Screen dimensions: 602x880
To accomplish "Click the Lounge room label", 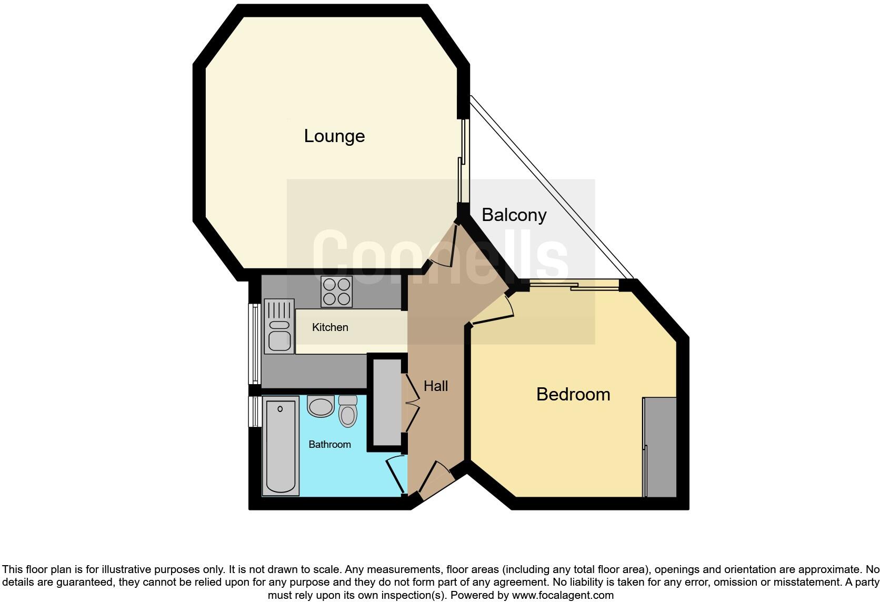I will [334, 136].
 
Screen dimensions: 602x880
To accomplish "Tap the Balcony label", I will [514, 215].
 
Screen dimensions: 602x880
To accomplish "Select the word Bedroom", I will [573, 394].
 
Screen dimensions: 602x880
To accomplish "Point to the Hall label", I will [436, 386].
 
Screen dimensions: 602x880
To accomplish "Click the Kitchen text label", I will [330, 327].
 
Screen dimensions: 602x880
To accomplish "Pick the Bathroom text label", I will [329, 445].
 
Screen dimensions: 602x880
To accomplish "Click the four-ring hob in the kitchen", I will [337, 292].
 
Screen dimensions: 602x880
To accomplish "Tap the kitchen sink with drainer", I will [279, 326].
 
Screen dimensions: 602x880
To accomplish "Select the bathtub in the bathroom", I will [281, 446].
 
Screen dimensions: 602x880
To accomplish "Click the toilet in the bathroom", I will [348, 411].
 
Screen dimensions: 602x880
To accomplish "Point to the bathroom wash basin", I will [321, 407].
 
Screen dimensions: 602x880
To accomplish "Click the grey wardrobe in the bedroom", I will [661, 447].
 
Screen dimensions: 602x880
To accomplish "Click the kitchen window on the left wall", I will [255, 343].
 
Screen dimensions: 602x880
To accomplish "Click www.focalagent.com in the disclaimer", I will [562, 596].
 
